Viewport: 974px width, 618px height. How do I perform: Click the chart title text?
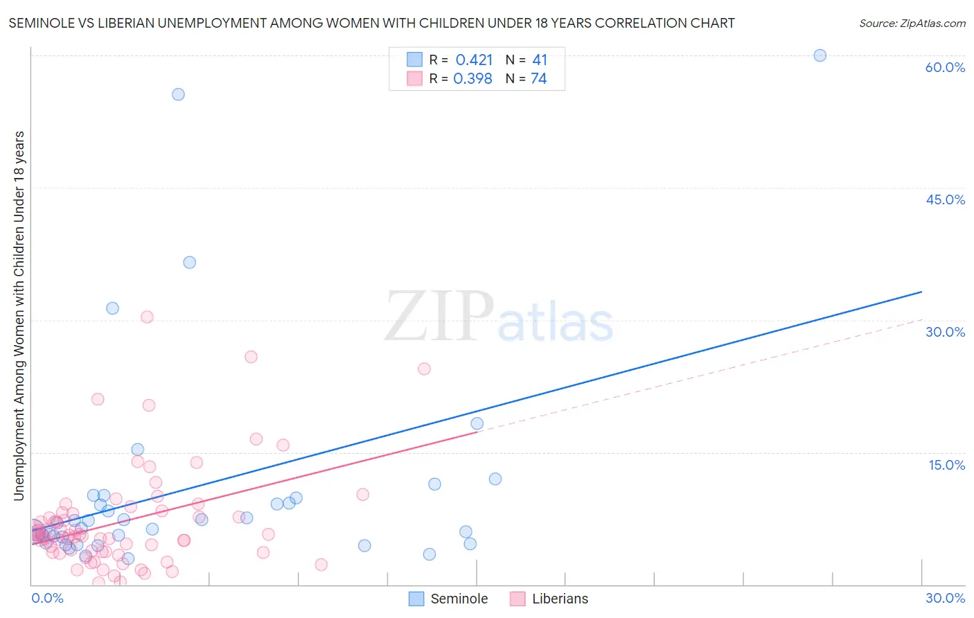(x=371, y=23)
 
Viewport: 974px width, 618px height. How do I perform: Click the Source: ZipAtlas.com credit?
(x=912, y=23)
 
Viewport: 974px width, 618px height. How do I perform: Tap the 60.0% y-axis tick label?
(x=945, y=67)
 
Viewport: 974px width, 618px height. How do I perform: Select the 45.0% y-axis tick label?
(x=945, y=200)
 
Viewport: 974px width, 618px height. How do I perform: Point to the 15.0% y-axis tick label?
(x=946, y=465)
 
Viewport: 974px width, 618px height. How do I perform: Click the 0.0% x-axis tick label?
(x=47, y=598)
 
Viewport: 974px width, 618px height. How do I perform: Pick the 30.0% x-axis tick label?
(x=945, y=598)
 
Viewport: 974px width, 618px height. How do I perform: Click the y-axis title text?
(x=19, y=315)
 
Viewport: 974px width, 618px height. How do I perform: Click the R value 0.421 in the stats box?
(x=474, y=60)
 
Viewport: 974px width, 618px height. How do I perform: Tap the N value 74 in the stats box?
(x=538, y=79)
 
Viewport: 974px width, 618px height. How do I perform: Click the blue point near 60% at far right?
(x=820, y=55)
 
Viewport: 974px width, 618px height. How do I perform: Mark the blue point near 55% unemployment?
(x=178, y=94)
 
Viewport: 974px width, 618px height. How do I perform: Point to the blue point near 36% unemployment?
(x=189, y=263)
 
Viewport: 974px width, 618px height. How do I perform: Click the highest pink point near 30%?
(x=147, y=317)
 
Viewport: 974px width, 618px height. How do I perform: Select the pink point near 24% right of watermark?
(x=424, y=369)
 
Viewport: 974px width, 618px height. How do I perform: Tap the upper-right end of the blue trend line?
(x=921, y=292)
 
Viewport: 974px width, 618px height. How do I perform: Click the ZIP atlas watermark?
(x=499, y=317)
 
